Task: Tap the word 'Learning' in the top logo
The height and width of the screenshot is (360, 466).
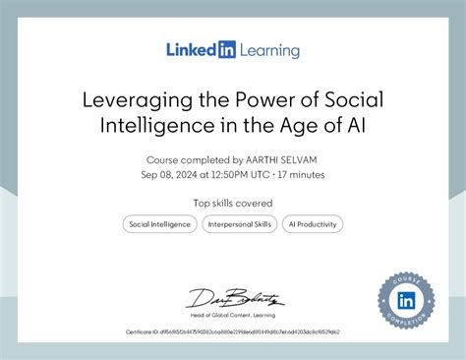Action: pyautogui.click(x=267, y=50)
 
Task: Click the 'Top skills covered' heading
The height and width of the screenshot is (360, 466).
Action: pyautogui.click(x=233, y=203)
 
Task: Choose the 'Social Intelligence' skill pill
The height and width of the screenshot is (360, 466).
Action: pyautogui.click(x=159, y=224)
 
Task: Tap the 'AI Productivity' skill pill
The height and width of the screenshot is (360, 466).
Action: pyautogui.click(x=313, y=224)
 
